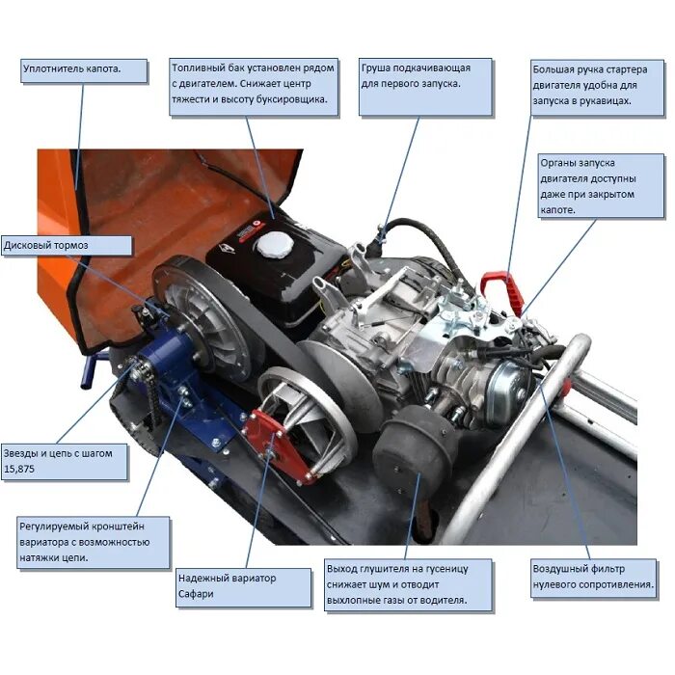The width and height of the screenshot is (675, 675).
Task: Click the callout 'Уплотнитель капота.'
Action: [85, 71]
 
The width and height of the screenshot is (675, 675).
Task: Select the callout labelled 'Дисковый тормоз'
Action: [66, 245]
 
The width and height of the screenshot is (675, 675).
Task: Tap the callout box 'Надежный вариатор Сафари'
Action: [243, 586]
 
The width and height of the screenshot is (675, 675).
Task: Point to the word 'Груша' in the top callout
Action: [380, 68]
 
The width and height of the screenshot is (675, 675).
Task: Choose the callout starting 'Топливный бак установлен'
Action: [254, 84]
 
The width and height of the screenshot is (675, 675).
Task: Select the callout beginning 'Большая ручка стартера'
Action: [597, 85]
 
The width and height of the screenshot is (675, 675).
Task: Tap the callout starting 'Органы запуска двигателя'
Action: [601, 186]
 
